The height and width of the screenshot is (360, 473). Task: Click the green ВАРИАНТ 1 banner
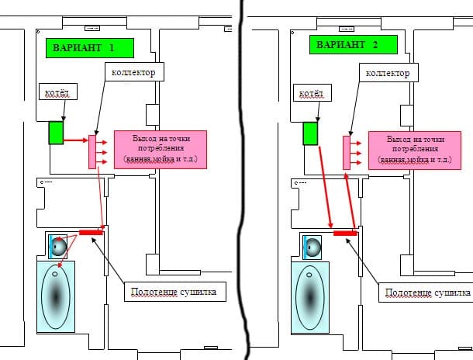pos(90,48)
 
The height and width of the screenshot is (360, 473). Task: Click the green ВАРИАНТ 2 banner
pos(354,45)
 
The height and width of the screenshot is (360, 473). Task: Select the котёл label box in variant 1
pos(58,92)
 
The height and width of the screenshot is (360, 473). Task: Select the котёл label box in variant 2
pos(312,92)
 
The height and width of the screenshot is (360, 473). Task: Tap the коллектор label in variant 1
pos(135,72)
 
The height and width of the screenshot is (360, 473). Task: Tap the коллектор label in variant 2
pos(388,72)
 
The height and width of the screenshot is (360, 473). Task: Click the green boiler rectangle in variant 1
pos(56,133)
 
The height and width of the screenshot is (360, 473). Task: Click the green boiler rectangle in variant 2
pos(310,133)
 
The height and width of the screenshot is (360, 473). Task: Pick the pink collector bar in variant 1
pos(92,152)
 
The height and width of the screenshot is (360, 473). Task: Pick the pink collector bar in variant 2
pos(347,153)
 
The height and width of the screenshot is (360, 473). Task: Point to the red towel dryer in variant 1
pos(91,232)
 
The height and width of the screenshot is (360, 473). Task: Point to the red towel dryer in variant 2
pos(345,234)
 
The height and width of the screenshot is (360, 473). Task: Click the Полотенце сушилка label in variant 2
pos(426,292)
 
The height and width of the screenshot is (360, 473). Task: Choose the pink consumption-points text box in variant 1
pos(161,150)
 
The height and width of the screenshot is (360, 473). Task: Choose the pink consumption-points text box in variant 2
pos(415,151)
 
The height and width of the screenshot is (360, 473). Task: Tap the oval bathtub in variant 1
pos(56,297)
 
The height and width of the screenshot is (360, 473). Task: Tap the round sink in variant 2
pos(312,247)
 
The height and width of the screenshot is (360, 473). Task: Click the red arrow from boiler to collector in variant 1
pos(76,140)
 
